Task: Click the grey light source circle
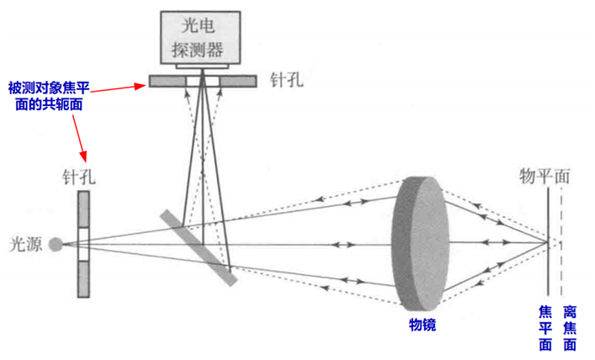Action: pyautogui.click(x=56, y=244)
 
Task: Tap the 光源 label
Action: pyautogui.click(x=25, y=244)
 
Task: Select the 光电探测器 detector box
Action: pyautogui.click(x=200, y=37)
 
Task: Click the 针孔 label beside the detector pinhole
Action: pyautogui.click(x=286, y=80)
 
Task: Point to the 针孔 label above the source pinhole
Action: pyautogui.click(x=79, y=177)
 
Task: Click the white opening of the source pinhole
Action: pyautogui.click(x=84, y=244)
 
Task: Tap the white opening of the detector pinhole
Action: pyautogui.click(x=203, y=82)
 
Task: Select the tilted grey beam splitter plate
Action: pyautogui.click(x=199, y=247)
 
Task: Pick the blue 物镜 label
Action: pyautogui.click(x=422, y=325)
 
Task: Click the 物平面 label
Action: pyautogui.click(x=545, y=177)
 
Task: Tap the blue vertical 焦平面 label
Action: pyautogui.click(x=545, y=328)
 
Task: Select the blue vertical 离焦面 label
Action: pyautogui.click(x=570, y=328)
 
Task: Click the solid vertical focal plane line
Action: pyautogui.click(x=548, y=241)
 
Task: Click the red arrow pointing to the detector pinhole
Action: pyautogui.click(x=119, y=88)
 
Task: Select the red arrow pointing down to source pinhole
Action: pyautogui.click(x=80, y=138)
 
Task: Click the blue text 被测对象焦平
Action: pyautogui.click(x=49, y=88)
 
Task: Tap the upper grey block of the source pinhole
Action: pyautogui.click(x=84, y=209)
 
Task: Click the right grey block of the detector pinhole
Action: pyautogui.click(x=238, y=82)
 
